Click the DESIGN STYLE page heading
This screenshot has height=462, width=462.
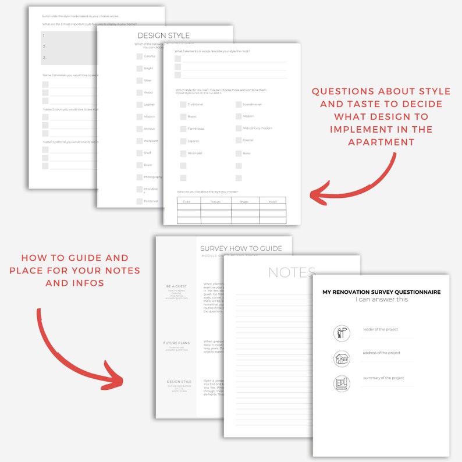click(x=163, y=35)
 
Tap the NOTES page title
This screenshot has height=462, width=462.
click(x=292, y=272)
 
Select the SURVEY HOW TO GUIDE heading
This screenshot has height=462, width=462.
click(x=241, y=248)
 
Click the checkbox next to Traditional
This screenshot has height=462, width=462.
click(x=183, y=105)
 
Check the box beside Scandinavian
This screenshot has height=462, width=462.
click(x=239, y=105)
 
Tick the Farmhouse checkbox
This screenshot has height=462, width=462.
click(x=183, y=129)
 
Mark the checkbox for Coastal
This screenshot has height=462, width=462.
click(x=239, y=140)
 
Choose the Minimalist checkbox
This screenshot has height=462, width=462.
click(x=183, y=153)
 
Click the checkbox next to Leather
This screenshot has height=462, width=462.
click(x=140, y=105)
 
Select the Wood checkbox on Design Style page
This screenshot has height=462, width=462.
click(x=140, y=93)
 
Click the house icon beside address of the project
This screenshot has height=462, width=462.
click(x=342, y=358)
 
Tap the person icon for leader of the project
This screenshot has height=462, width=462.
click(x=342, y=333)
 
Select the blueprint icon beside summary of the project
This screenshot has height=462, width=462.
click(x=342, y=383)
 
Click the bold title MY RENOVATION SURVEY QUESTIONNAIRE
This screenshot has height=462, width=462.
click(x=381, y=292)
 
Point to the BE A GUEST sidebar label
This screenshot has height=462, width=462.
click(x=176, y=287)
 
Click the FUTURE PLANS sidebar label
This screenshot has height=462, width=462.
click(x=176, y=343)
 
